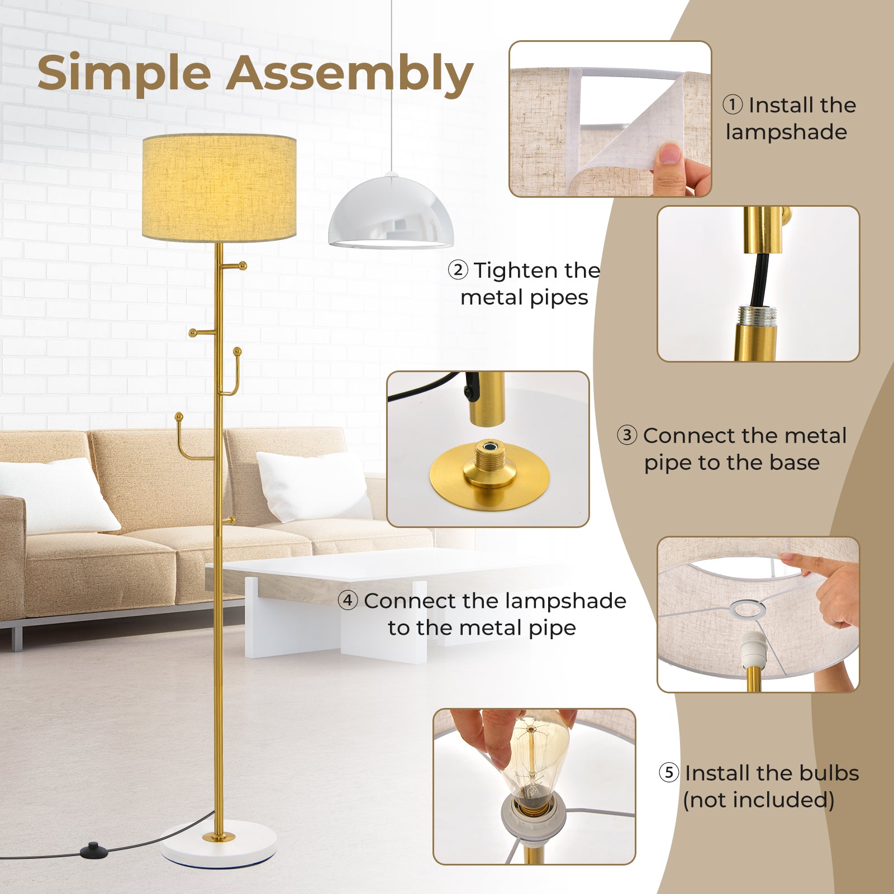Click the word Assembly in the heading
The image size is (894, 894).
click(350, 74)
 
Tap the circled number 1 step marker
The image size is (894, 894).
click(733, 104)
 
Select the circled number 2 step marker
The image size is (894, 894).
click(458, 270)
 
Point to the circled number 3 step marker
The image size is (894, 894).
click(627, 435)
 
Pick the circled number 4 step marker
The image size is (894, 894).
click(348, 601)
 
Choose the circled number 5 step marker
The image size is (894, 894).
click(668, 773)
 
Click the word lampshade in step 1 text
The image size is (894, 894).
click(786, 132)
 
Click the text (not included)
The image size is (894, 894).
click(758, 800)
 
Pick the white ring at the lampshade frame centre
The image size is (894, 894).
click(748, 609)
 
